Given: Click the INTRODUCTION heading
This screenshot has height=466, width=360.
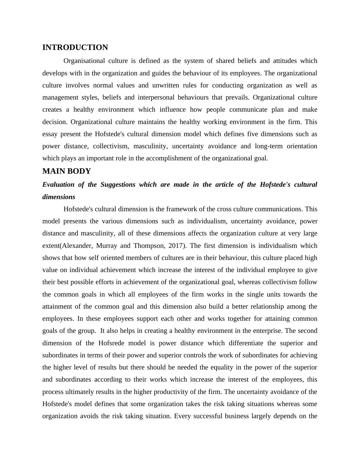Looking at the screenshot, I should (x=75, y=48).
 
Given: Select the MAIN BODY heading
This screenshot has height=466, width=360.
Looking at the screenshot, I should (x=67, y=171).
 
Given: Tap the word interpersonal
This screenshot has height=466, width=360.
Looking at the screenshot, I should (x=156, y=97).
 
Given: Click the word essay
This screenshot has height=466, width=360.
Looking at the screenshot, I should (x=49, y=134).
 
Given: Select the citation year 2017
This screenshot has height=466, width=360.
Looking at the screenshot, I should (x=175, y=246).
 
